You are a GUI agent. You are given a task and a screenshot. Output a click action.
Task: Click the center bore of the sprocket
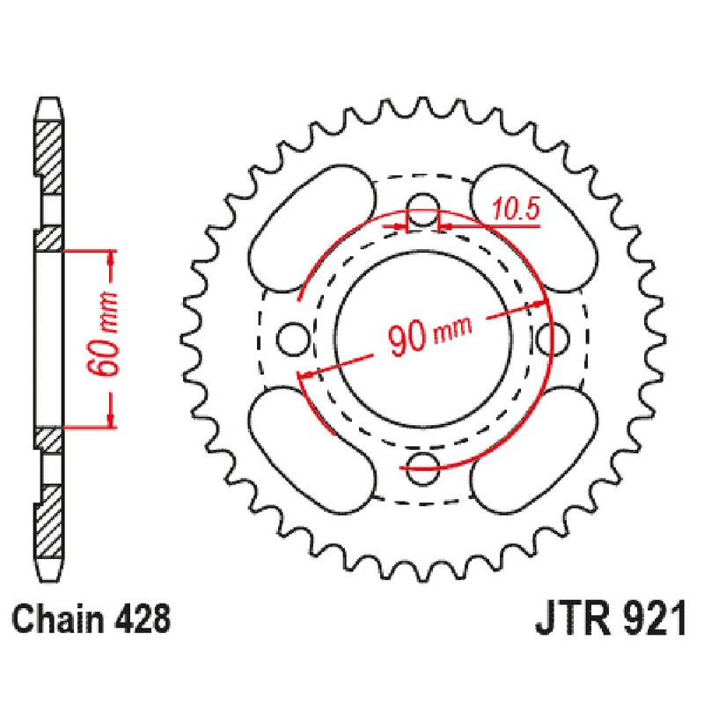423,337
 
